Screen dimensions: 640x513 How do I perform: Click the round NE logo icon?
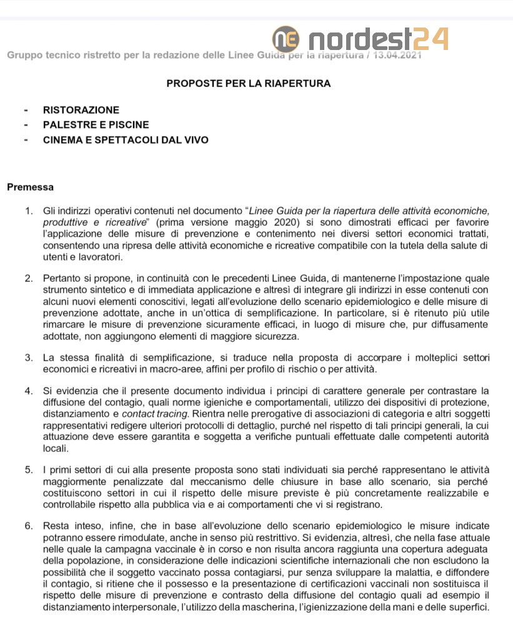[x=286, y=39]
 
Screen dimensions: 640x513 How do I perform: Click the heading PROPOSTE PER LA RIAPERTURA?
[x=249, y=82]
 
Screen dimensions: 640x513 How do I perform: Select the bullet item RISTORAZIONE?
[x=81, y=110]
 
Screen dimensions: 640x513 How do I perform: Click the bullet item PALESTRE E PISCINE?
[x=96, y=125]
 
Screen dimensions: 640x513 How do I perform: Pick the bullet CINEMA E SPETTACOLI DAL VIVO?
[x=126, y=140]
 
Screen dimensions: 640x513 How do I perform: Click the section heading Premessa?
[x=30, y=187]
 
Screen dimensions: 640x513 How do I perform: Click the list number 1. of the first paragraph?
[x=29, y=211]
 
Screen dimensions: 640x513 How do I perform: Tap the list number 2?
[x=29, y=277]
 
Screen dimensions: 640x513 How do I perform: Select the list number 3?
[x=29, y=357]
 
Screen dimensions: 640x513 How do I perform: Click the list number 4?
[x=29, y=391]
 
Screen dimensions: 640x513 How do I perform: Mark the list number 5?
[x=29, y=469]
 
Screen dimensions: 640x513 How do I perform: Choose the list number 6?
[x=29, y=526]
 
